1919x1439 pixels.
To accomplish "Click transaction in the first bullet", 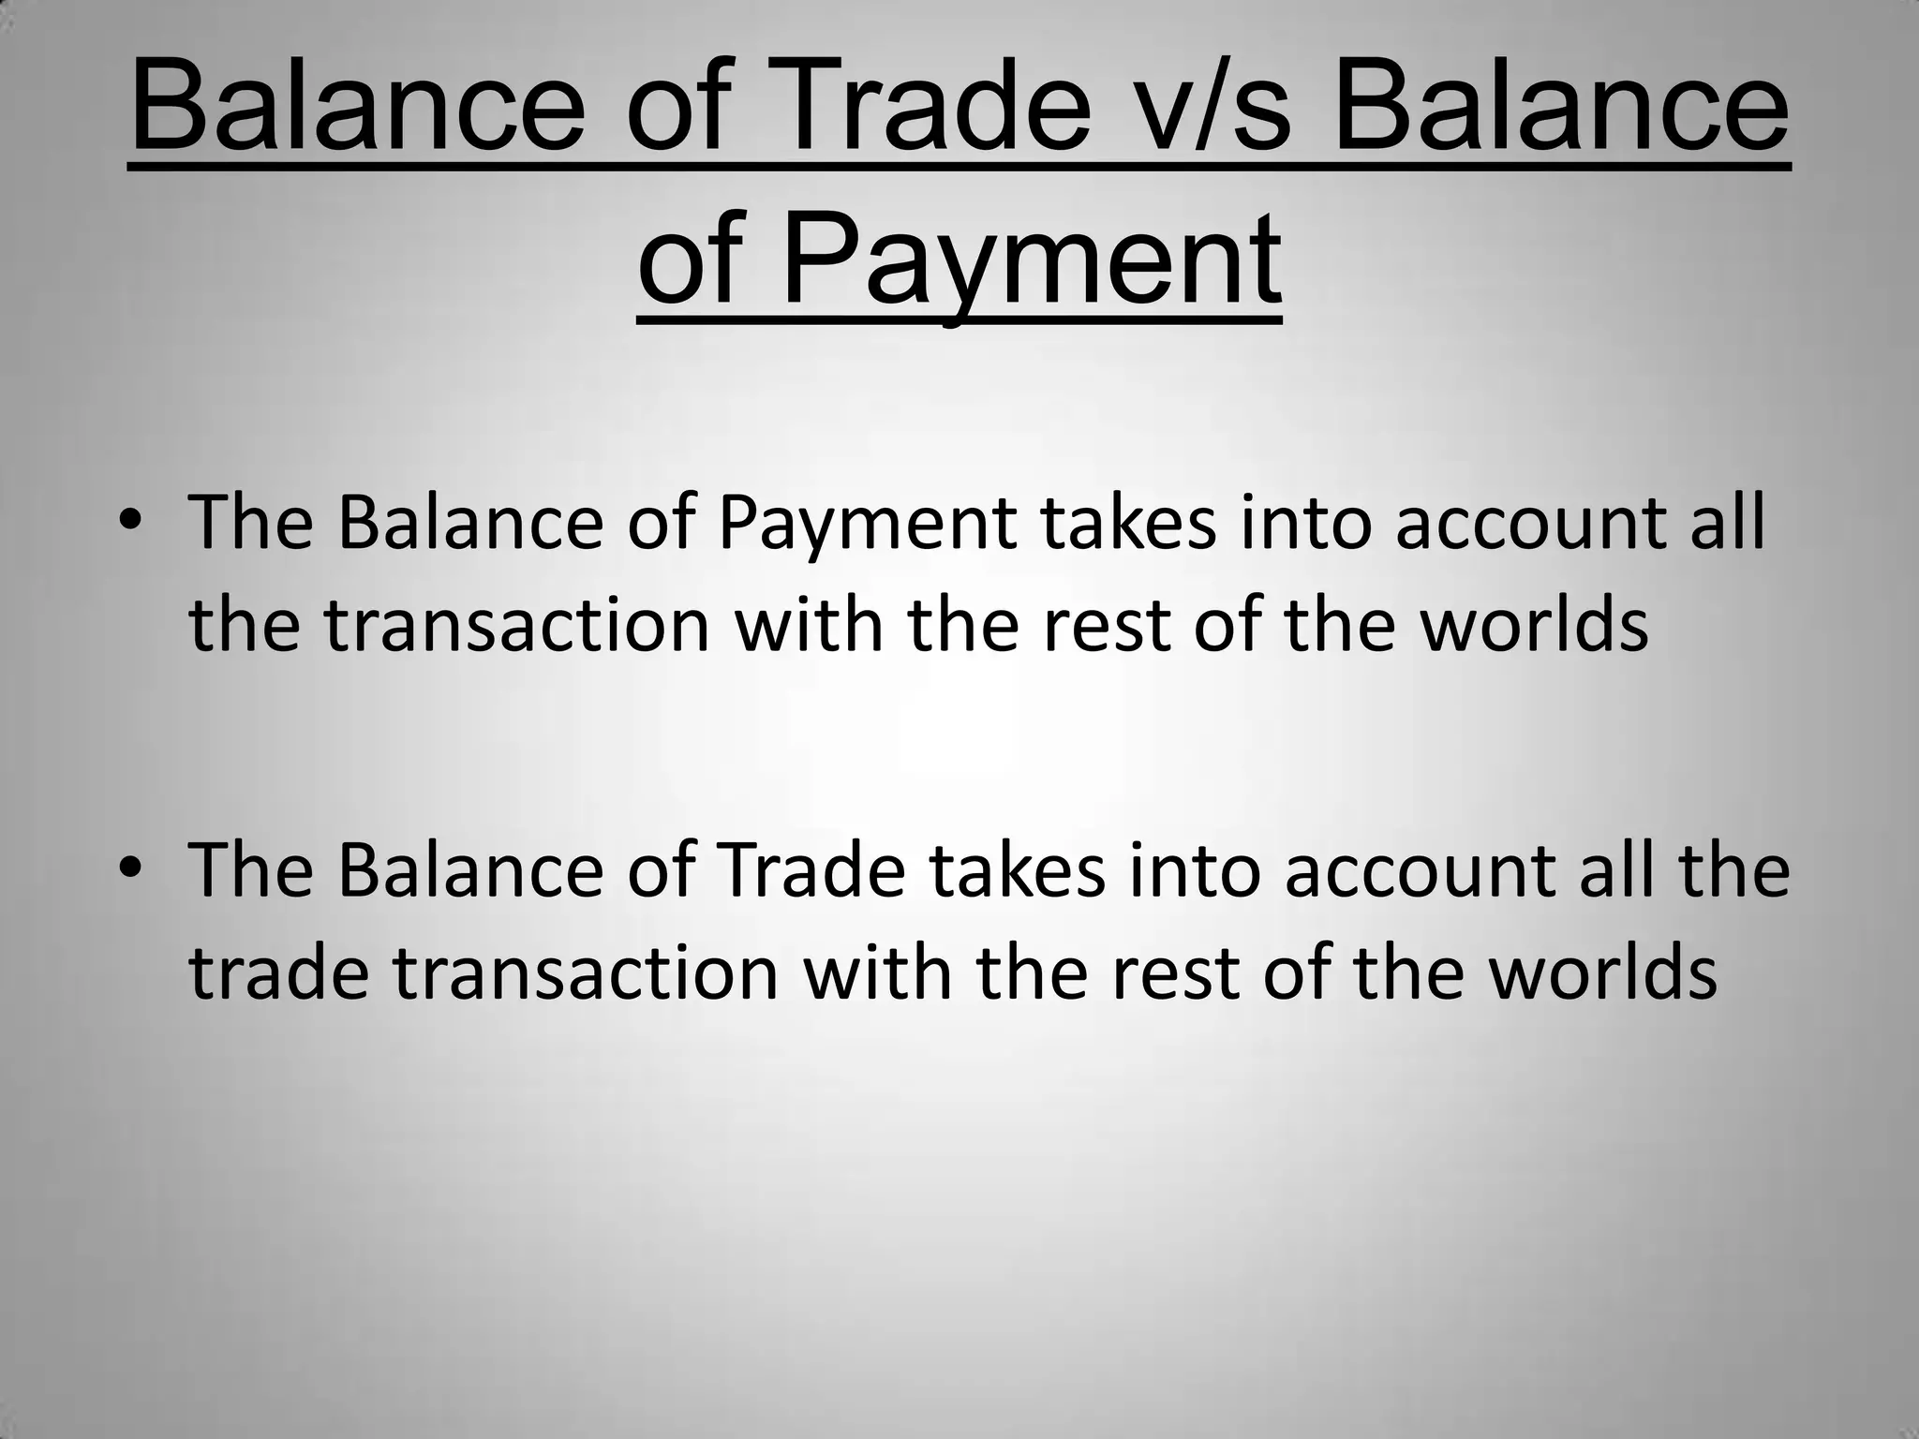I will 517,626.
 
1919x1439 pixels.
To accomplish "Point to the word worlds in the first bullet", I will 1534,626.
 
